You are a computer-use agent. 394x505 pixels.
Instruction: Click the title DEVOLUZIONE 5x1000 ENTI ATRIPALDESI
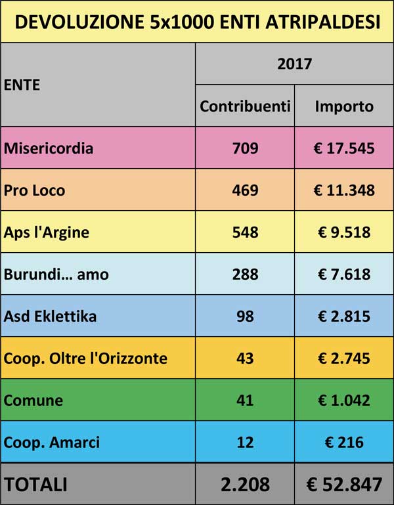pyautogui.click(x=197, y=22)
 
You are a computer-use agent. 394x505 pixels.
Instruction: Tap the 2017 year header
pyautogui.click(x=294, y=64)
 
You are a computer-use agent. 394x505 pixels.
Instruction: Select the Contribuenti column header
pyautogui.click(x=245, y=106)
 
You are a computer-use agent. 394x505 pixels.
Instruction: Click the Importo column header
pyautogui.click(x=344, y=106)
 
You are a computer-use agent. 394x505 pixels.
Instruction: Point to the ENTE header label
pyautogui.click(x=22, y=85)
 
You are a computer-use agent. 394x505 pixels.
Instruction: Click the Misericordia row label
pyautogui.click(x=49, y=148)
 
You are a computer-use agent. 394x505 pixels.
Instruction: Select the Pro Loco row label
pyautogui.click(x=34, y=190)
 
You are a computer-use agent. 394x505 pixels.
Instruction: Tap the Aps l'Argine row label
pyautogui.click(x=46, y=232)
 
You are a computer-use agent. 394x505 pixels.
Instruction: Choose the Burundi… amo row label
pyautogui.click(x=56, y=274)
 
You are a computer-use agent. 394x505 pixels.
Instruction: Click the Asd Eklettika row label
pyautogui.click(x=50, y=316)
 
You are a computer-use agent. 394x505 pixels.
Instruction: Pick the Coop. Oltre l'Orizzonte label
pyautogui.click(x=85, y=358)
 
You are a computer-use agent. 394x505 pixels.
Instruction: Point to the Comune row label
pyautogui.click(x=33, y=400)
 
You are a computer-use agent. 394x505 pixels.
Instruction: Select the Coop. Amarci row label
pyautogui.click(x=52, y=442)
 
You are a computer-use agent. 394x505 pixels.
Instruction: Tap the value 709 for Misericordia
pyautogui.click(x=245, y=148)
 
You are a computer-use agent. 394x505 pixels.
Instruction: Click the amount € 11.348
pyautogui.click(x=344, y=190)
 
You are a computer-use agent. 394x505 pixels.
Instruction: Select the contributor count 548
pyautogui.click(x=245, y=232)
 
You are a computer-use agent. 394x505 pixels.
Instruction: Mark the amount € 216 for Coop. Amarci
pyautogui.click(x=344, y=442)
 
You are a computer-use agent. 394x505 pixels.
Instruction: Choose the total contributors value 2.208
pyautogui.click(x=245, y=485)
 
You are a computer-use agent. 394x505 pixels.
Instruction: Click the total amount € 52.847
pyautogui.click(x=344, y=485)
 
